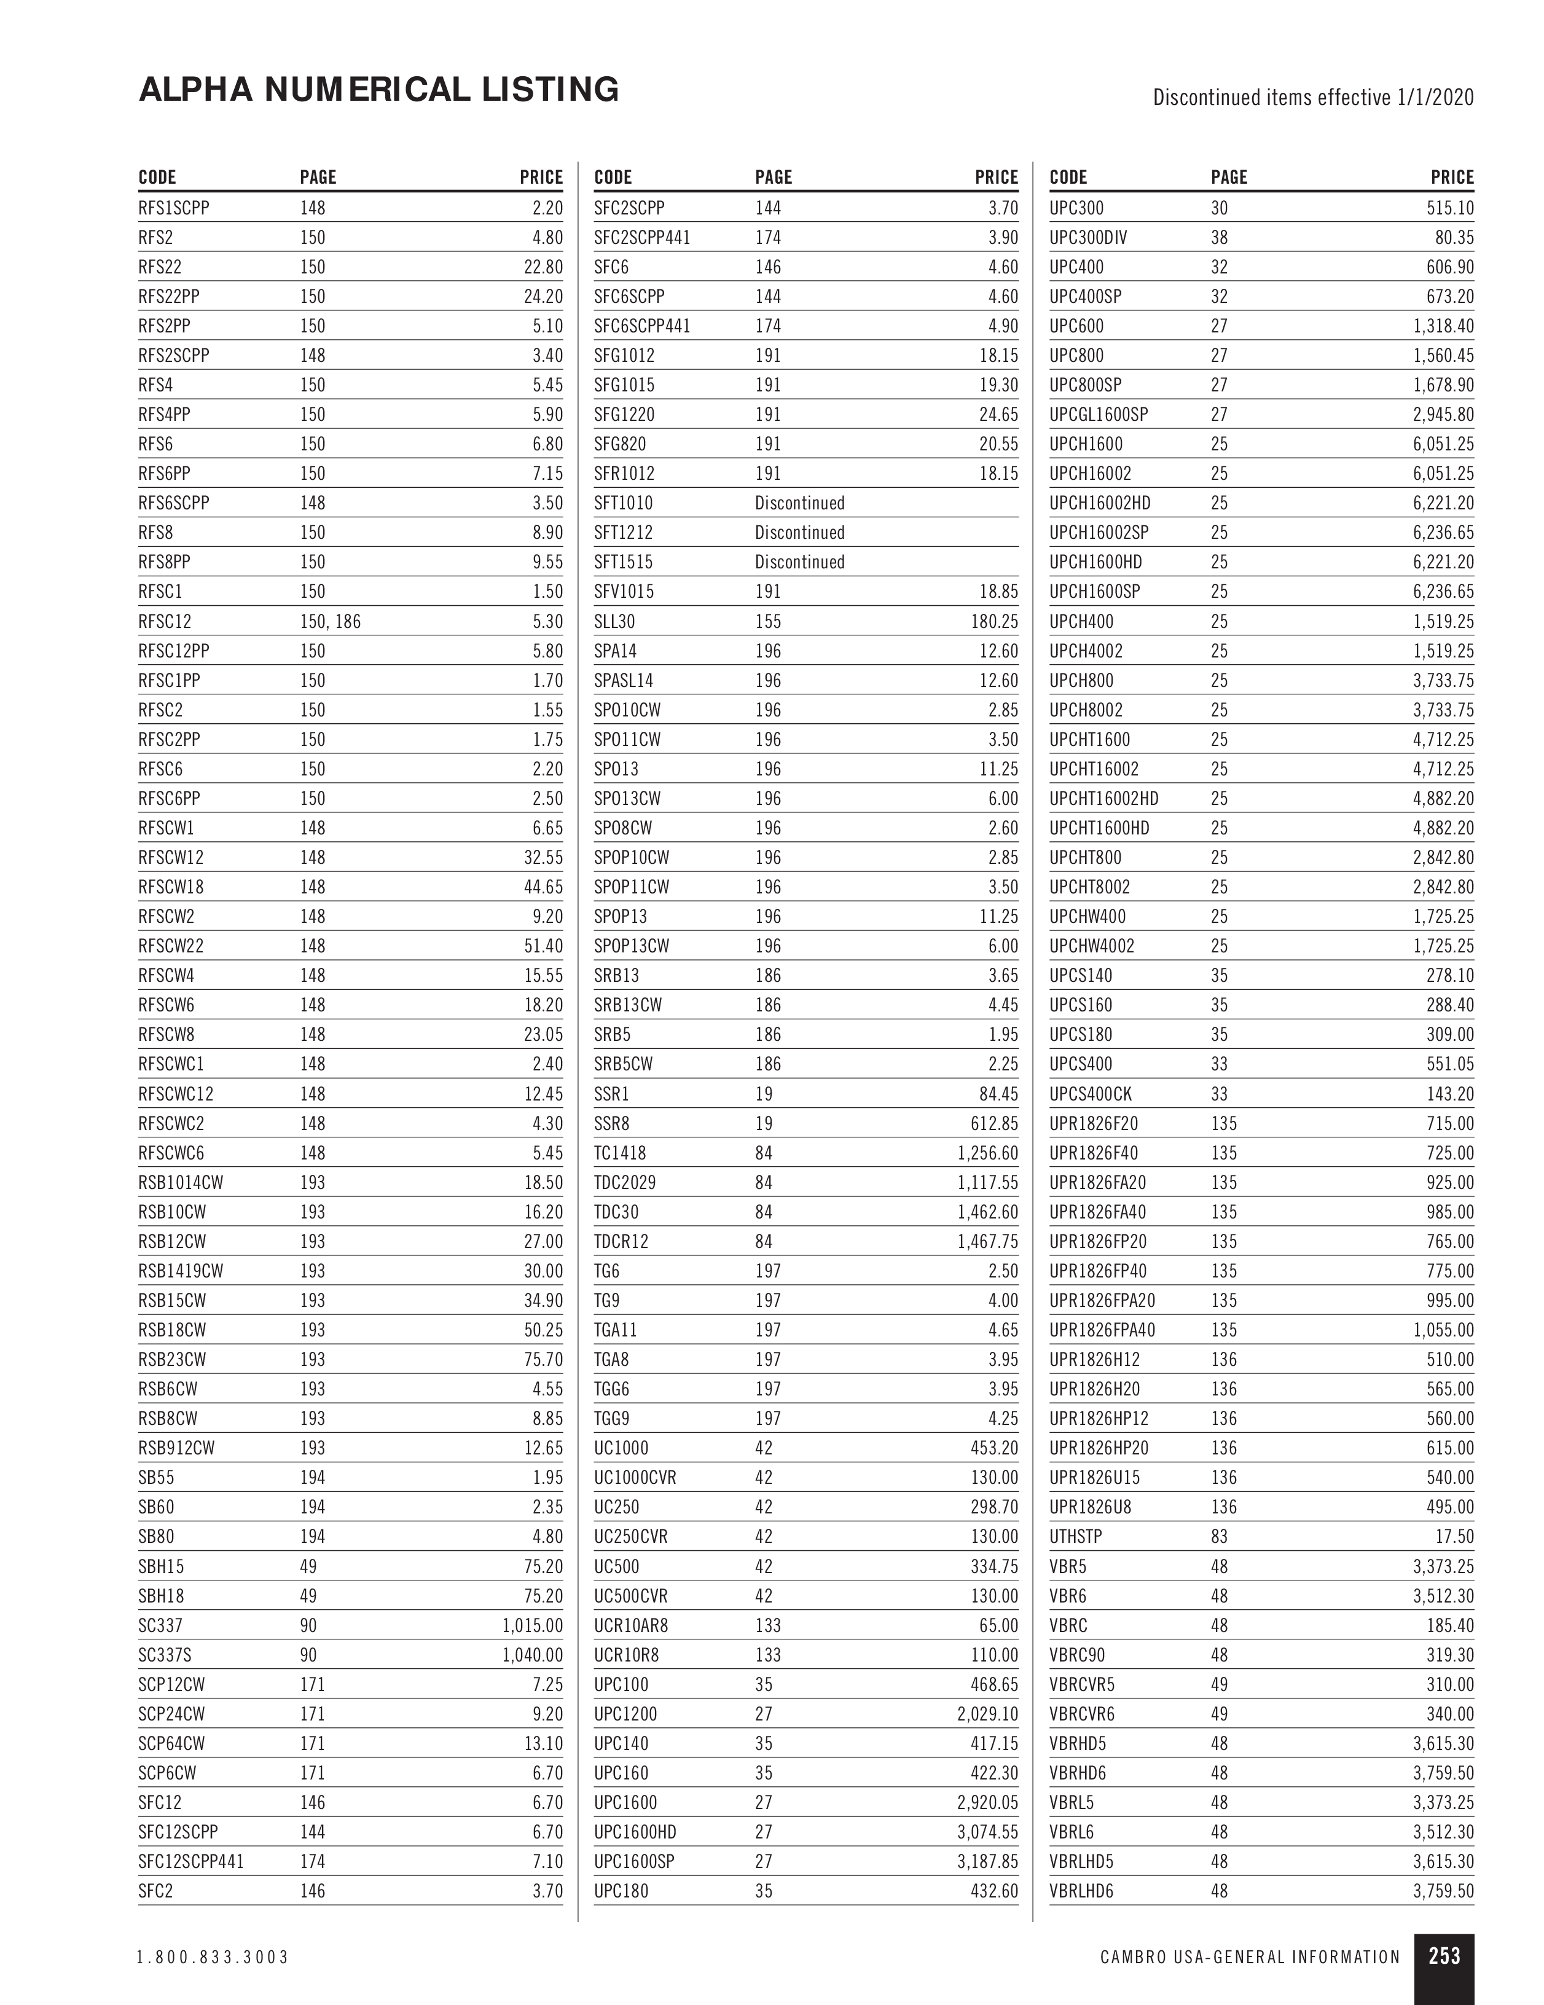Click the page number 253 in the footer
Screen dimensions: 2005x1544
pyautogui.click(x=1444, y=1955)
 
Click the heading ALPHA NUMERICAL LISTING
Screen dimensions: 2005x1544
pyautogui.click(x=378, y=90)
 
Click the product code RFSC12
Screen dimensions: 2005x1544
pyautogui.click(x=165, y=621)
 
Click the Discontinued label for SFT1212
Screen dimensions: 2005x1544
pyautogui.click(x=799, y=533)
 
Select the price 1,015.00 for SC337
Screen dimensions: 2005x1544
pyautogui.click(x=533, y=1626)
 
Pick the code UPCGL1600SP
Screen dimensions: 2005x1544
pyautogui.click(x=1099, y=415)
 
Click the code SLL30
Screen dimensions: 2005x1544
pyautogui.click(x=614, y=621)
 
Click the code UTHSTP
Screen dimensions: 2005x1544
pyautogui.click(x=1076, y=1537)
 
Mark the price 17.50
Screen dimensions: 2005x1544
pyautogui.click(x=1454, y=1537)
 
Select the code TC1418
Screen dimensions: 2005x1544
pyautogui.click(x=619, y=1153)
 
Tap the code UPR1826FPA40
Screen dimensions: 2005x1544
pyautogui.click(x=1102, y=1330)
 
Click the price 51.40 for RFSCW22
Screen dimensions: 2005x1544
pyautogui.click(x=543, y=946)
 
